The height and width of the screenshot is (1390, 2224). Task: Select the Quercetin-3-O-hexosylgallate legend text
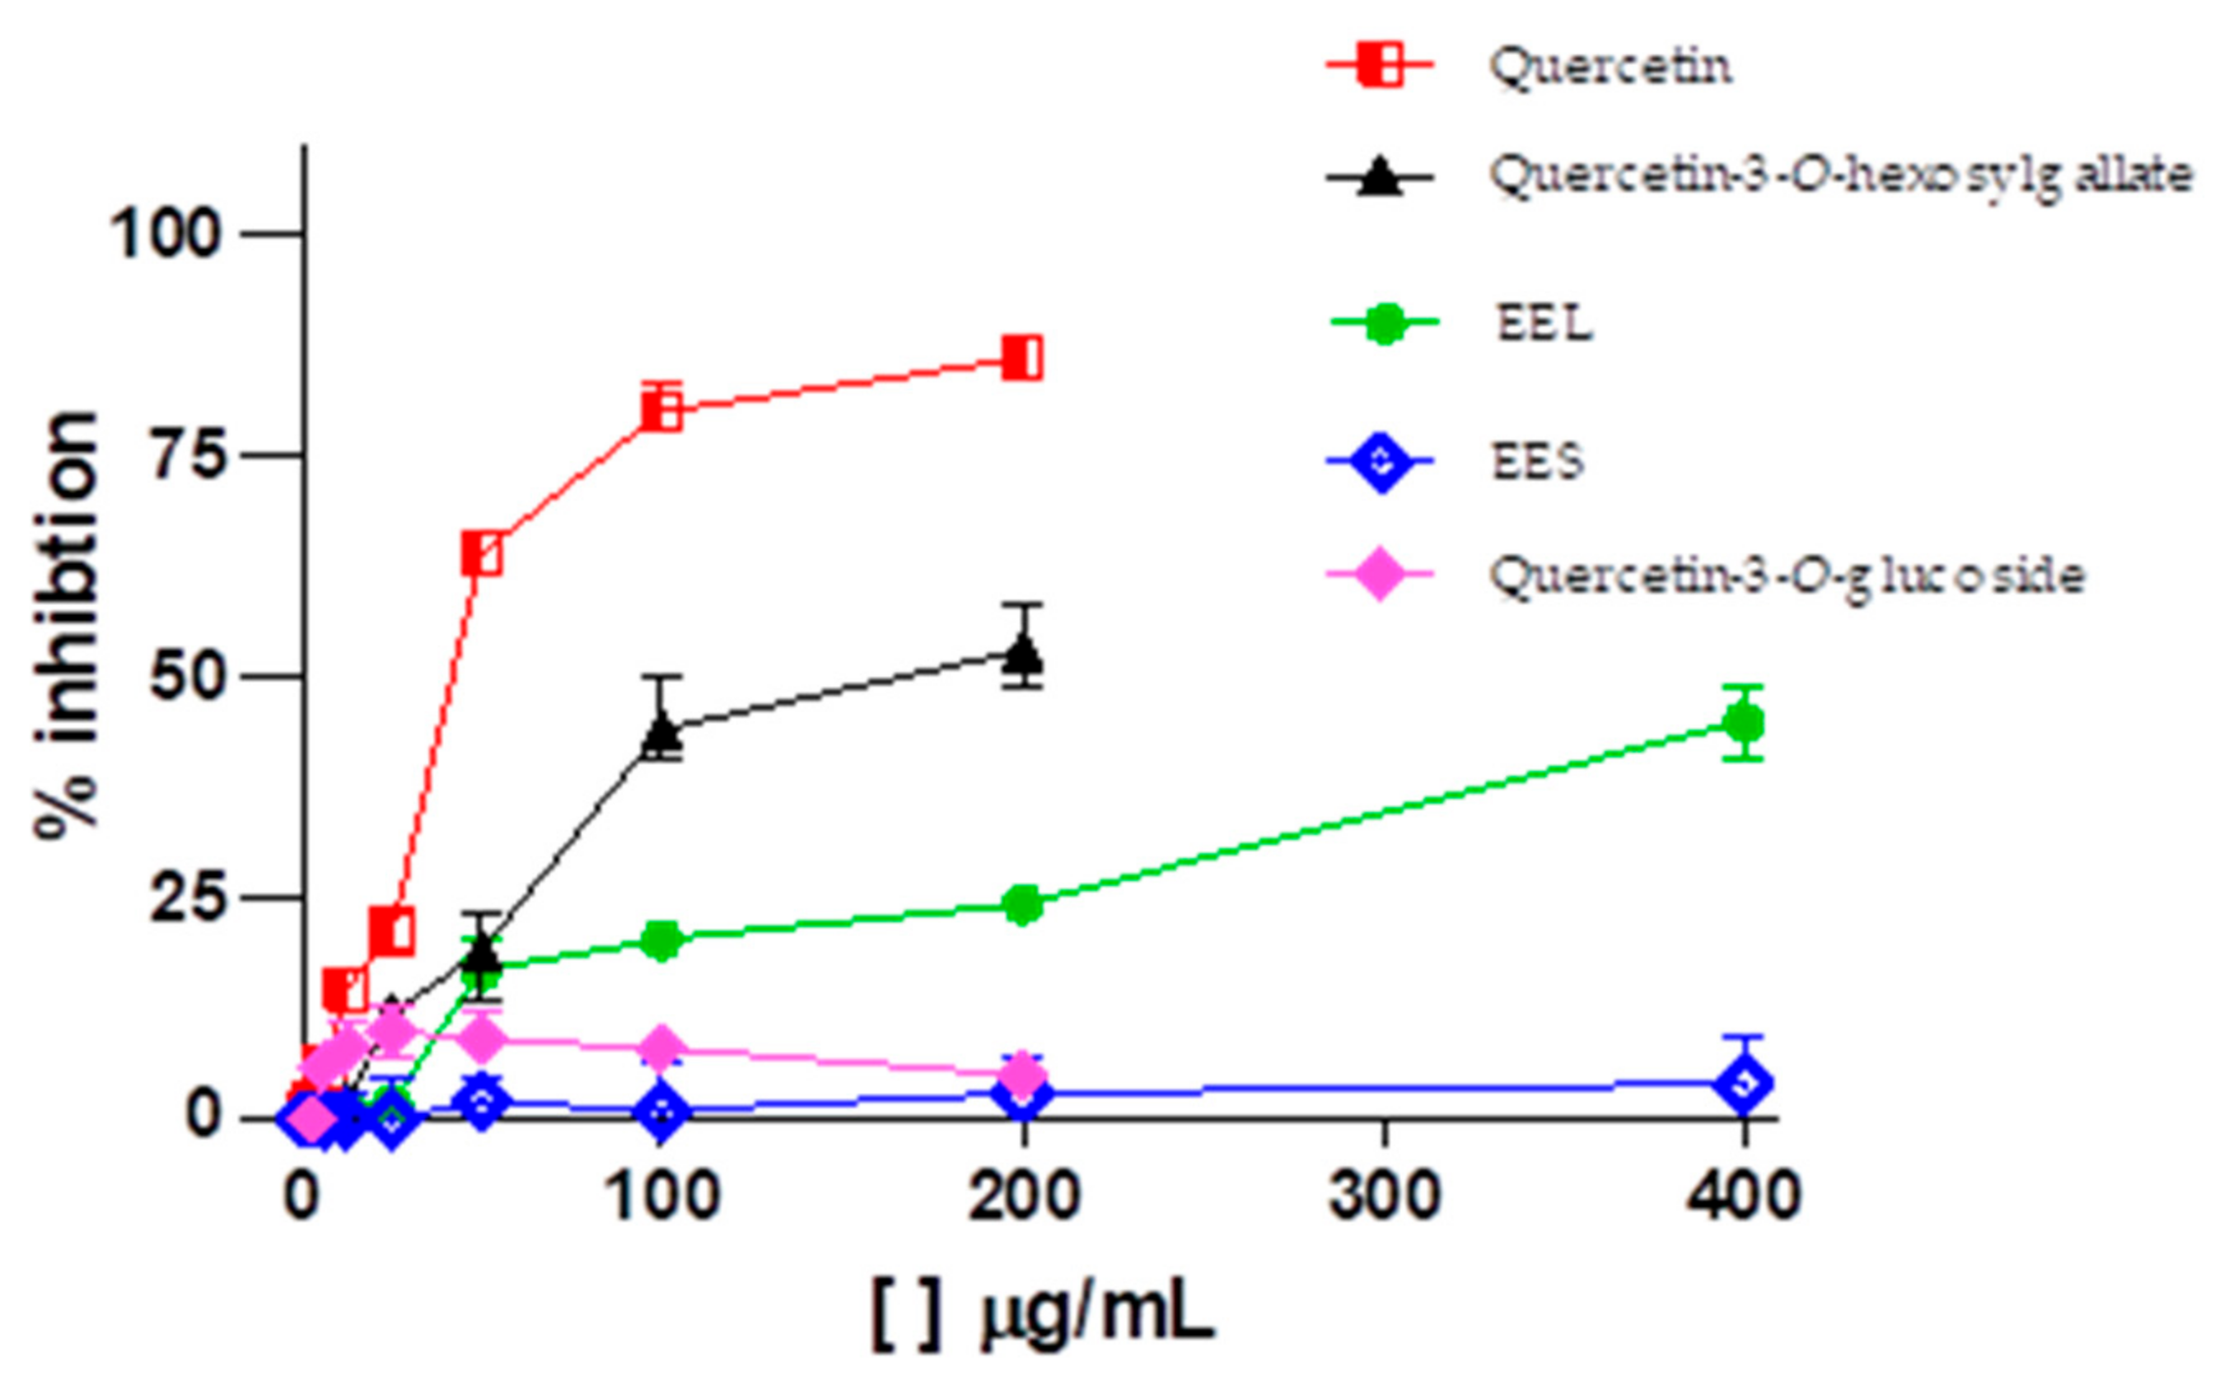point(1839,175)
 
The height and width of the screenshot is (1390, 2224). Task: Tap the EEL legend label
point(1544,324)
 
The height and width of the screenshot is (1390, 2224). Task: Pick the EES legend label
point(1537,461)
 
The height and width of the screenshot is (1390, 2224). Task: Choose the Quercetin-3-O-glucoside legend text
point(1786,576)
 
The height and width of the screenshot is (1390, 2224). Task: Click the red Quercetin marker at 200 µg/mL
point(1022,357)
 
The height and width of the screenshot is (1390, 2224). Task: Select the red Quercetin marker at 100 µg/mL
point(662,410)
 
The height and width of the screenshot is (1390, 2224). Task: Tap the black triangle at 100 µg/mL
point(662,732)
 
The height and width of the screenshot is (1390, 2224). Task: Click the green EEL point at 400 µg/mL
point(1744,722)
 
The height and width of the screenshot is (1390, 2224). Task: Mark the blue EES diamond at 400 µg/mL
point(1744,1083)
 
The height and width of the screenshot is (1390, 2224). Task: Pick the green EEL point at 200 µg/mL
point(1022,906)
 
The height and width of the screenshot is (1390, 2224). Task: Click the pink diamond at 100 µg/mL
point(662,1049)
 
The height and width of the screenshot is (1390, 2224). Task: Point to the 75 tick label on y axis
point(188,456)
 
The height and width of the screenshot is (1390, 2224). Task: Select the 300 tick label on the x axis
point(1384,1197)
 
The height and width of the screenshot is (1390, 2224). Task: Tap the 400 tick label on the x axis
point(1744,1197)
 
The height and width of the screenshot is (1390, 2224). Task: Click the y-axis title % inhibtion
point(66,625)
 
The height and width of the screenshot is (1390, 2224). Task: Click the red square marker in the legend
point(1379,65)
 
